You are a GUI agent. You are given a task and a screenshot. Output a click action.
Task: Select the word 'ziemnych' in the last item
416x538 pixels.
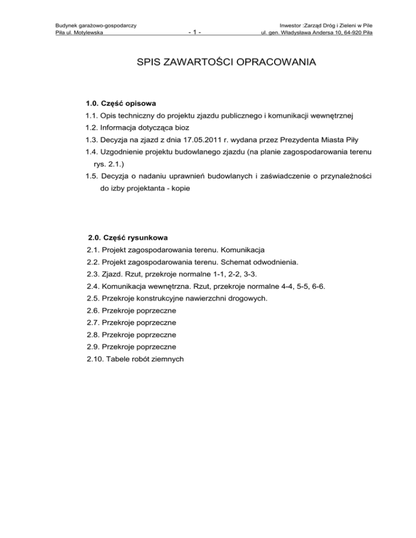point(169,358)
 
